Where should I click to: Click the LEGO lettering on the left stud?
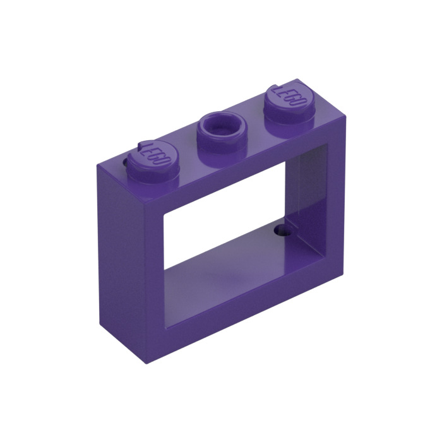pos(152,153)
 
